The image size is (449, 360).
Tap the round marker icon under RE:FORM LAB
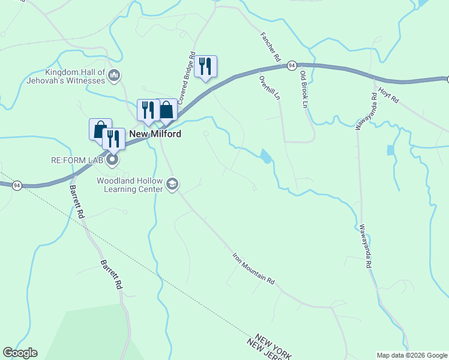point(112,160)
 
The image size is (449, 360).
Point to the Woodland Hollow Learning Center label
point(130,184)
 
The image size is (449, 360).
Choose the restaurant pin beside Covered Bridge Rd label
point(206,66)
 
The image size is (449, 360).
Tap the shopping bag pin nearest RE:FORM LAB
point(100,129)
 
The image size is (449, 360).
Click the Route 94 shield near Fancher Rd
point(291,65)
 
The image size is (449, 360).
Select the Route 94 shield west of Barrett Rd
point(16,185)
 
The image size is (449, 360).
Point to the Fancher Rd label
point(270,47)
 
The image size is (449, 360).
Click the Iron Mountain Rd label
point(253,268)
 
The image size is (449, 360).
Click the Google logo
point(20,353)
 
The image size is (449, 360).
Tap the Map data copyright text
point(412,355)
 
